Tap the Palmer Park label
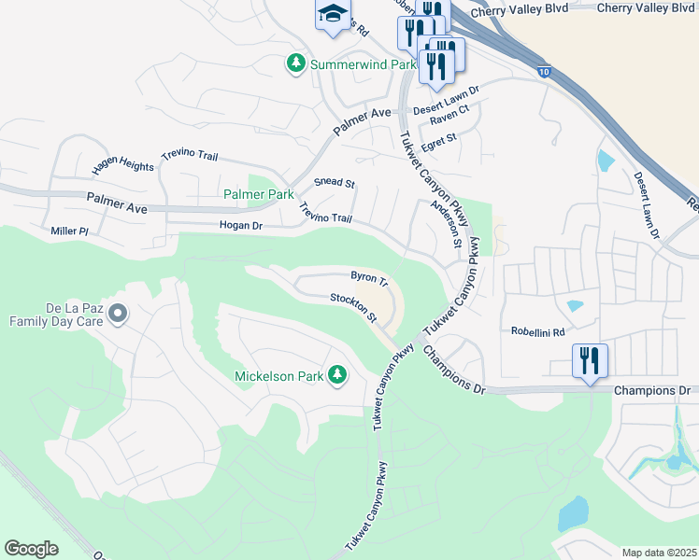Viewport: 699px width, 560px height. pos(258,194)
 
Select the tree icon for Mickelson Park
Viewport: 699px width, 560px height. pos(337,376)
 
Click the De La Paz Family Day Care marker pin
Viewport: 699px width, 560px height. pos(117,315)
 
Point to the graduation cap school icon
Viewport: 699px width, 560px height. pos(331,14)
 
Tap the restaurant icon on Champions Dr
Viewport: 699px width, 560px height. pos(589,360)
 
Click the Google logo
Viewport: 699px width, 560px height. pos(31,549)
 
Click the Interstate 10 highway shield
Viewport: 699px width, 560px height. pos(544,71)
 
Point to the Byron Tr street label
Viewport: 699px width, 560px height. pos(368,278)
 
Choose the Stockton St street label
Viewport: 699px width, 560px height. pos(352,307)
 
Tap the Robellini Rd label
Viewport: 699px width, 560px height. pos(538,331)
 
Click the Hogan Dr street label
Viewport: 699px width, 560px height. pos(241,225)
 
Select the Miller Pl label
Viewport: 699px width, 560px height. pos(69,231)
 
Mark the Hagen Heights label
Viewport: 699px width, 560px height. pos(122,167)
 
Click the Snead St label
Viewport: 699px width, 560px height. pos(335,183)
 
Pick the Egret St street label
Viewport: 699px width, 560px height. pos(438,138)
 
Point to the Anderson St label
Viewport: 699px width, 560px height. pos(446,225)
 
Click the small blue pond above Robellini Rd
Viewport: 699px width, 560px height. pos(575,305)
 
